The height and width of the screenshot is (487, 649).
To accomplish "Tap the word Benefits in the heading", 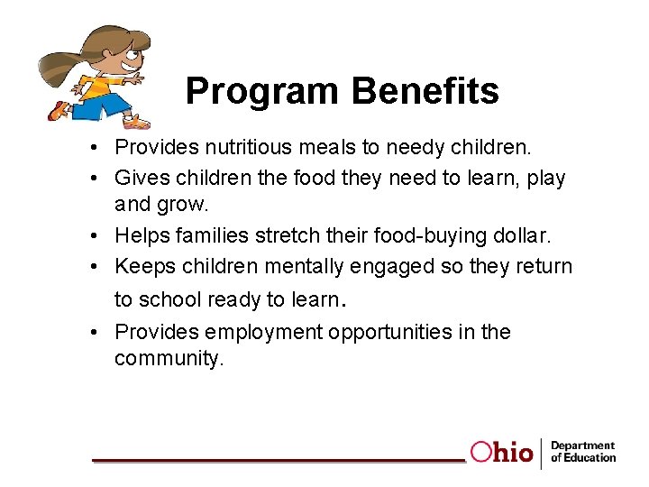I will click(x=425, y=91).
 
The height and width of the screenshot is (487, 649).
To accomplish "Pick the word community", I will click(x=167, y=358).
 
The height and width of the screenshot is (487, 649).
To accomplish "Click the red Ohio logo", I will click(x=501, y=452).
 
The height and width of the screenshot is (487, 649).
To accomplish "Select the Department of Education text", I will click(x=582, y=452).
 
